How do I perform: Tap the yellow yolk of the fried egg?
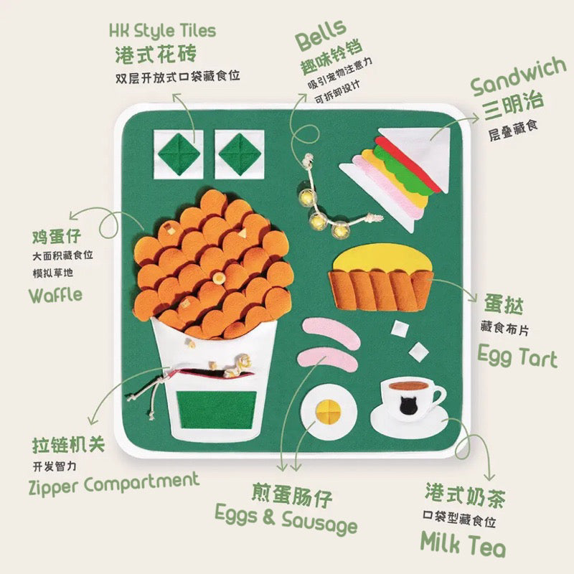click(x=329, y=412)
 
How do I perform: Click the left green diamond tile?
click(x=179, y=154)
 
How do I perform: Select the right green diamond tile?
click(x=240, y=154)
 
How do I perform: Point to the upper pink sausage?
click(x=331, y=332)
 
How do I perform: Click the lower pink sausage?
click(x=327, y=359)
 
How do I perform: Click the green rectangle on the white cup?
click(x=217, y=410)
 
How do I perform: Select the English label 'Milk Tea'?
click(x=463, y=545)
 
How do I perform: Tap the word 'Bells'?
click(x=321, y=34)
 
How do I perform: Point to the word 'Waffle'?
click(x=56, y=295)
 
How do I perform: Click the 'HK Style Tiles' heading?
click(x=163, y=30)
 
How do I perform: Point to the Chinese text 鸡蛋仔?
click(x=57, y=236)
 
